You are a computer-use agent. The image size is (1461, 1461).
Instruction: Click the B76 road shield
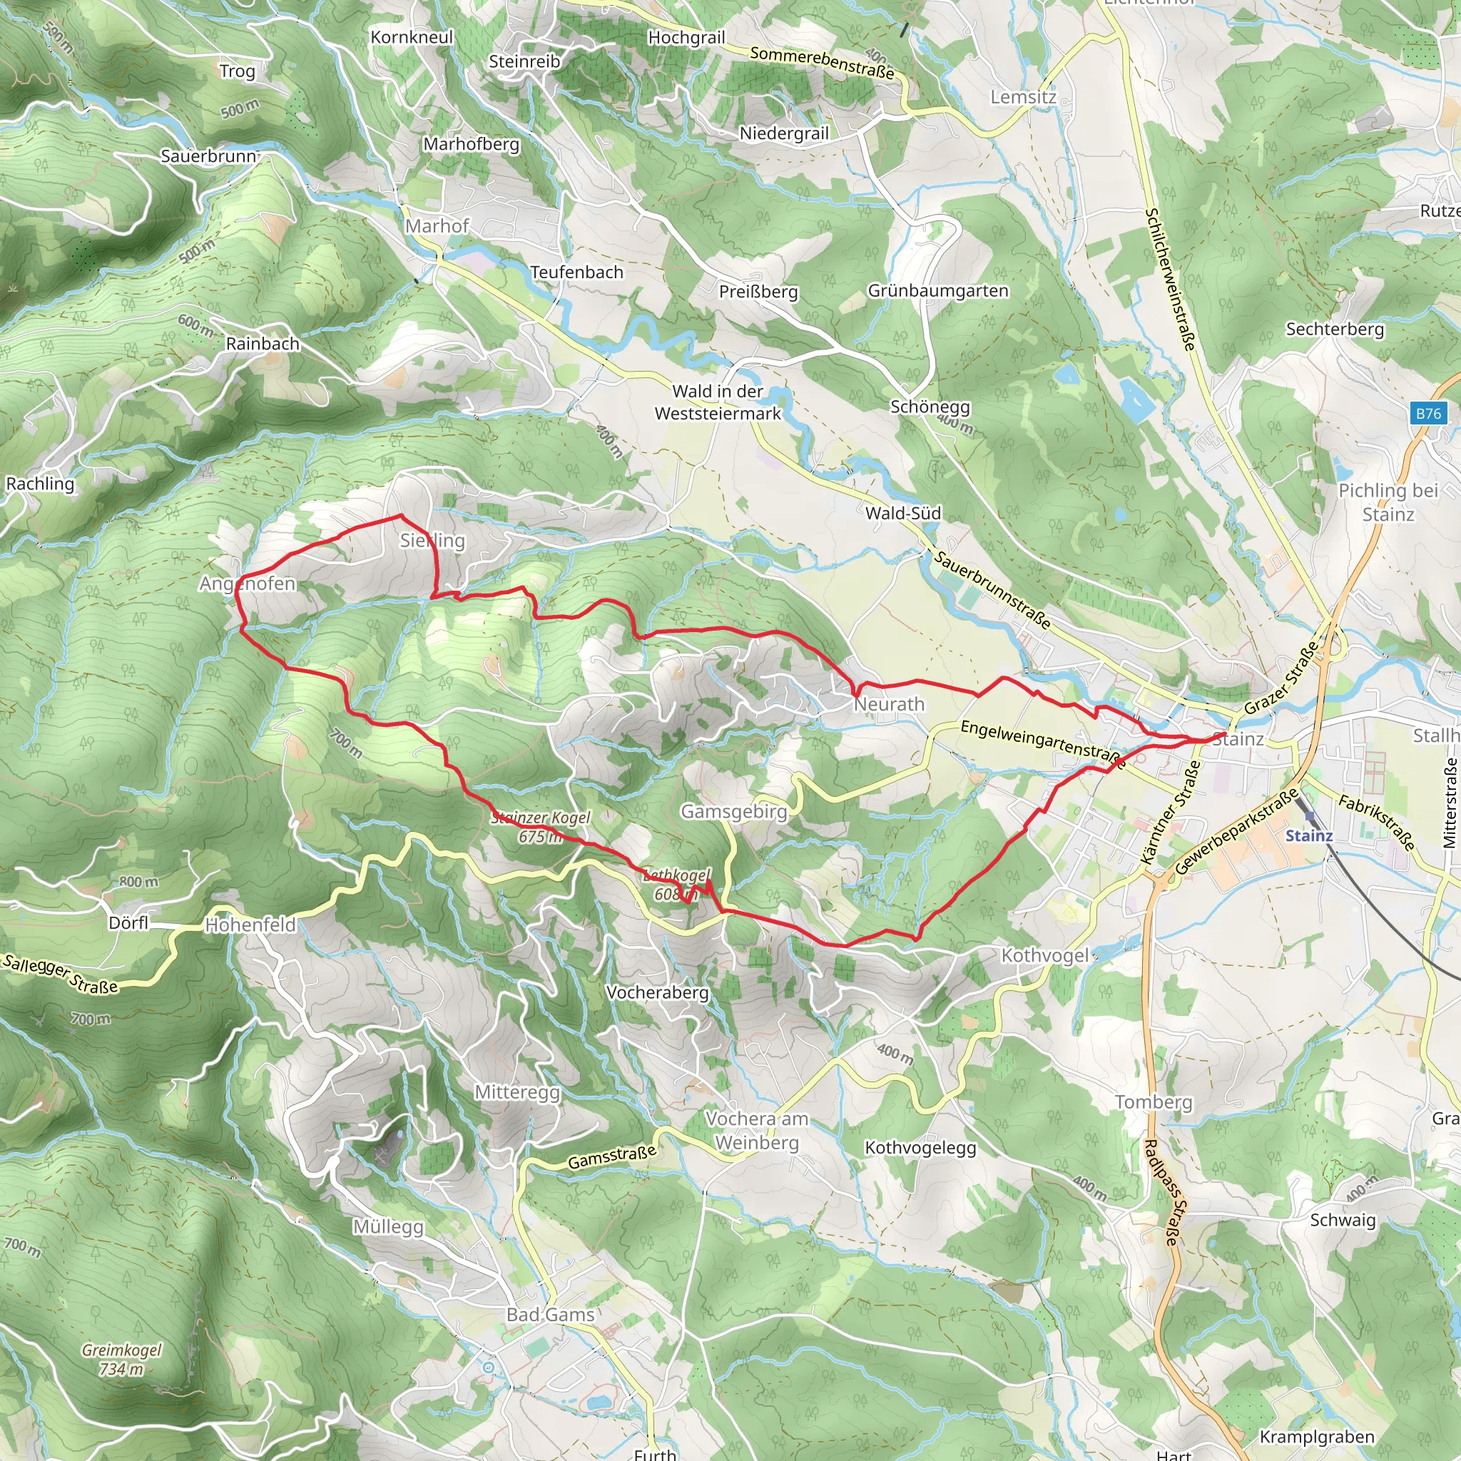coord(1428,414)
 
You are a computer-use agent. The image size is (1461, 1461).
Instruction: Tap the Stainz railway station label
coord(1309,835)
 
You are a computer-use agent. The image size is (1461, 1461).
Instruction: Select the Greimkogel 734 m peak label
coord(121,1359)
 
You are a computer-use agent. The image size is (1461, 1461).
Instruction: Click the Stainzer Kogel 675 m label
coord(541,827)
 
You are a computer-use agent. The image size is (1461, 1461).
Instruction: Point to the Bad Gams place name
coord(551,1315)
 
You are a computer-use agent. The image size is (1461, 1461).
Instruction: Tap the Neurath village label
coord(890,705)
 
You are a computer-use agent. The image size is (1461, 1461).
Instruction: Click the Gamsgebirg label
coord(733,811)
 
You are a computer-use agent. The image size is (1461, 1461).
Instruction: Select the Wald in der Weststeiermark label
coord(718,402)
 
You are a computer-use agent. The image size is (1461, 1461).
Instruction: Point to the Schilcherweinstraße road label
coord(1170,280)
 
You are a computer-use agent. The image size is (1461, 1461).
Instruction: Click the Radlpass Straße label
coord(1161,1193)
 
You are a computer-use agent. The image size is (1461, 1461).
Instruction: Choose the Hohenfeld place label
coord(250,925)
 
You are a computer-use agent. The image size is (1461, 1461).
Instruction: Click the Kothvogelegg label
coord(920,1148)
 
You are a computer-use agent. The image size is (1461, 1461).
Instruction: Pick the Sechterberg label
coord(1335,329)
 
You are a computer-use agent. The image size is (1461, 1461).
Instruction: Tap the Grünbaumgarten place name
coord(937,291)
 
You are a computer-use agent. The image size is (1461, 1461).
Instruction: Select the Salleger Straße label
coord(61,974)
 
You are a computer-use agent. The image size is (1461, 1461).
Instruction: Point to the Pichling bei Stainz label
coord(1388,502)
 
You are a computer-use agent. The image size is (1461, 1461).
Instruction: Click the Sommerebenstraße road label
coord(822,63)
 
